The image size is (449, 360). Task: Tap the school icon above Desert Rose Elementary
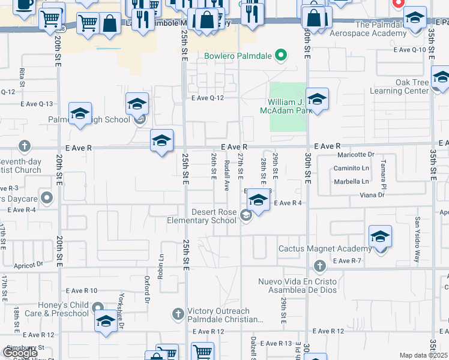pyautogui.click(x=258, y=201)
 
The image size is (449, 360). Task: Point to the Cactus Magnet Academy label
pyautogui.click(x=325, y=248)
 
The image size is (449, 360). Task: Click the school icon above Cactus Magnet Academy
pyautogui.click(x=380, y=237)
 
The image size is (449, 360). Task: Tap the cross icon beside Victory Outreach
pyautogui.click(x=178, y=313)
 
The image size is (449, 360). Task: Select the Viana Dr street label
pyautogui.click(x=372, y=195)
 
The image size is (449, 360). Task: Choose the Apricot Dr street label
pyautogui.click(x=31, y=263)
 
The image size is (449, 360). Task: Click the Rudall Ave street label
pyautogui.click(x=227, y=175)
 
